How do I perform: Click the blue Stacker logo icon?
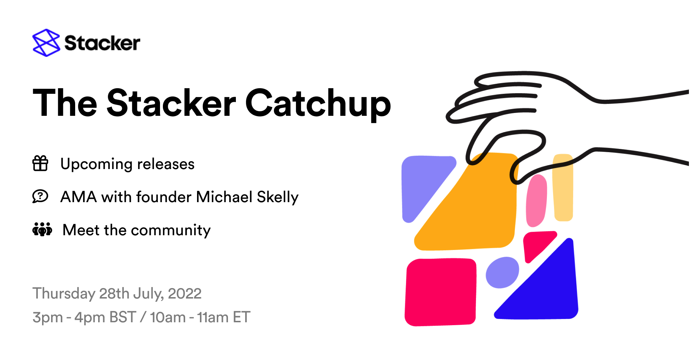click(x=46, y=43)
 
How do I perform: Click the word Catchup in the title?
click(x=318, y=104)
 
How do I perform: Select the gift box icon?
click(x=40, y=163)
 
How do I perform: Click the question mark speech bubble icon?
click(x=40, y=196)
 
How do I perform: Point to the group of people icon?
click(x=42, y=229)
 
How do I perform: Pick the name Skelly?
click(x=278, y=197)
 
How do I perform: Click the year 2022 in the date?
click(x=184, y=294)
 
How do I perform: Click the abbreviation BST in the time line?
click(x=123, y=317)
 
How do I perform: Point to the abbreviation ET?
click(x=241, y=317)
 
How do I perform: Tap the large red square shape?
click(x=440, y=292)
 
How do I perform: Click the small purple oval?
click(x=502, y=272)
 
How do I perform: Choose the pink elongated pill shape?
click(x=536, y=201)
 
